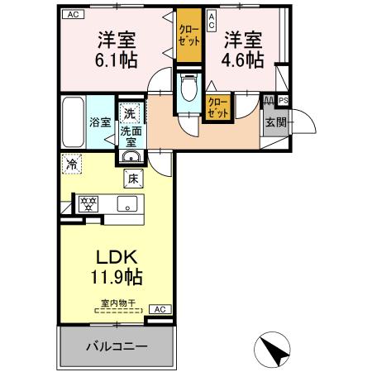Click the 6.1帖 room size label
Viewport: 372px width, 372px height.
(117, 60)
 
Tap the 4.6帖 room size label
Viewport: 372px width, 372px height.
(243, 60)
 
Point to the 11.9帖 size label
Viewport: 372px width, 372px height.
(116, 276)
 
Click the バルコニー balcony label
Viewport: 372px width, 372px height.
(117, 346)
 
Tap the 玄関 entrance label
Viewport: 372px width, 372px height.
(274, 123)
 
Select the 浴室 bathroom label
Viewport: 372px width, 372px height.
(100, 122)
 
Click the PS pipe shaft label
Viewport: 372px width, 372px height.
(284, 101)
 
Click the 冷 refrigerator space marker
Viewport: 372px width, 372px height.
(73, 164)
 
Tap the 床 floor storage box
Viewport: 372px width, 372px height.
(132, 178)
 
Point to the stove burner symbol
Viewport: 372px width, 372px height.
(88, 203)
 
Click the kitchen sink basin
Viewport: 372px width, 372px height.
(126, 203)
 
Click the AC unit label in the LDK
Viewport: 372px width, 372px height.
(160, 309)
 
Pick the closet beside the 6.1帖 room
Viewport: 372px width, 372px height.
(188, 37)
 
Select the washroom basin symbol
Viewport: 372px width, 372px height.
(131, 156)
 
